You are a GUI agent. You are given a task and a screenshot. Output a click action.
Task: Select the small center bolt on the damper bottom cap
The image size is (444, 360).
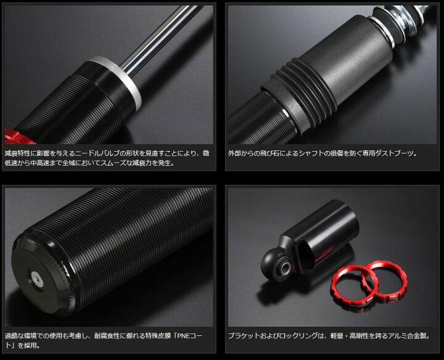36,279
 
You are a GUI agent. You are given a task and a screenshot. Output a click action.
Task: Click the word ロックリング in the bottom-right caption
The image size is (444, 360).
298,336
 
